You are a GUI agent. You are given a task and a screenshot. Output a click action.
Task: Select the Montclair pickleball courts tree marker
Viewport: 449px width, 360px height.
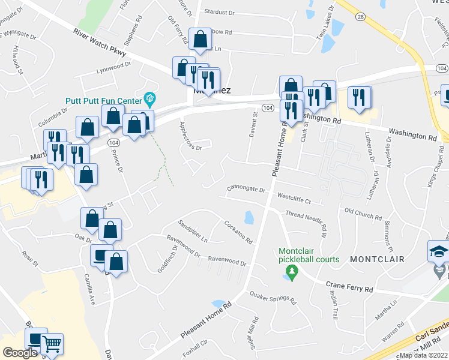point(292,273)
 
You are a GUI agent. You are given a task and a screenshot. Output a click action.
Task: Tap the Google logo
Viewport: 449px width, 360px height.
point(20,352)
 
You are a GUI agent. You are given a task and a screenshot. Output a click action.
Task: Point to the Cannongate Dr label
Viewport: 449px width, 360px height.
point(246,190)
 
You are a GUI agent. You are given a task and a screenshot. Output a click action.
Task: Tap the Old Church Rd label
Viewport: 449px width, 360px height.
point(363,212)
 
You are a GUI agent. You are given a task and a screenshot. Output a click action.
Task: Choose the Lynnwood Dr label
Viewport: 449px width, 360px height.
point(113,71)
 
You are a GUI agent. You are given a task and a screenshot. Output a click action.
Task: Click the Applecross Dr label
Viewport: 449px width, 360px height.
point(190,136)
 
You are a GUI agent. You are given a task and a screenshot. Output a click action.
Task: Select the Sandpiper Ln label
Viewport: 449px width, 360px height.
point(192,231)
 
